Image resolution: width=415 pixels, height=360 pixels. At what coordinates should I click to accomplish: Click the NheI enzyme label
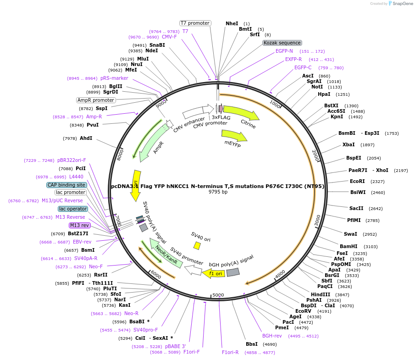pos(232,23)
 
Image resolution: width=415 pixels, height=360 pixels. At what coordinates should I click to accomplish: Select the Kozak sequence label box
pos(282,43)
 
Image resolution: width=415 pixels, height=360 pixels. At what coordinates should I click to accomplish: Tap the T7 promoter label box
pos(195,23)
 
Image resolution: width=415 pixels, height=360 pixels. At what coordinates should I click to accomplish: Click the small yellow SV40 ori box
pos(197,246)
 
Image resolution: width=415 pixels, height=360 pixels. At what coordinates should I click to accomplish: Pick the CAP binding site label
pos(66,185)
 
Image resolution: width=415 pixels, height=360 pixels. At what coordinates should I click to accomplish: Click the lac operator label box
pos(73,209)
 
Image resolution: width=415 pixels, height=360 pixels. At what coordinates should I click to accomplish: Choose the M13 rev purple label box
pos(80,225)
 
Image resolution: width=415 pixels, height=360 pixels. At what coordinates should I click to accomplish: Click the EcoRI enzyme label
pos(357,181)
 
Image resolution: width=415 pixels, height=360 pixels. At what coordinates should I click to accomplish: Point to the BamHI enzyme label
pos(349,246)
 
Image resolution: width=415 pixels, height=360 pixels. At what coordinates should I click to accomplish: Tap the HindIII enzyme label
pos(321,294)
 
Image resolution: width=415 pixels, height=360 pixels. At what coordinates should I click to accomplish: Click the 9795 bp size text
pos(218,192)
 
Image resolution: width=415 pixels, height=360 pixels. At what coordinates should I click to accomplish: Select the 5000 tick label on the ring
pos(218,295)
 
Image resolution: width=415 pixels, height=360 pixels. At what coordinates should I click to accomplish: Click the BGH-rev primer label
pos(272,336)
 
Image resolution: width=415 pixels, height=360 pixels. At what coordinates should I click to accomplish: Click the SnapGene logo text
pos(401,4)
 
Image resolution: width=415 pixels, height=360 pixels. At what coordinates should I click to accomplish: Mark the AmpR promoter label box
pos(96,100)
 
